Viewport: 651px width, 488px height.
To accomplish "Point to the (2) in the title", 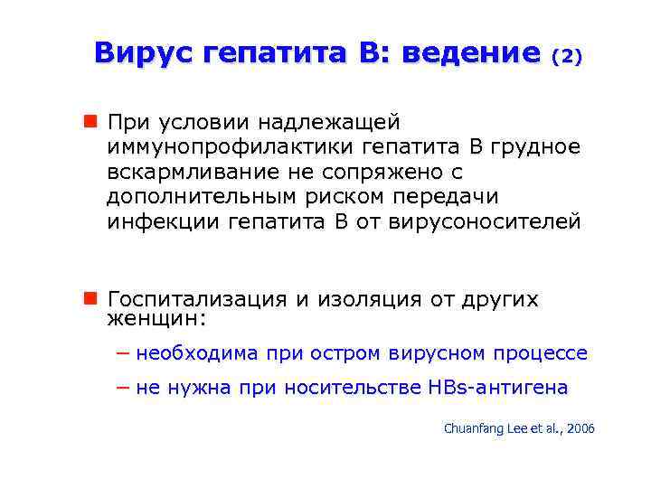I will click(567, 56).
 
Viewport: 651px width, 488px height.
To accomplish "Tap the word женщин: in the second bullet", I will click(156, 319).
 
